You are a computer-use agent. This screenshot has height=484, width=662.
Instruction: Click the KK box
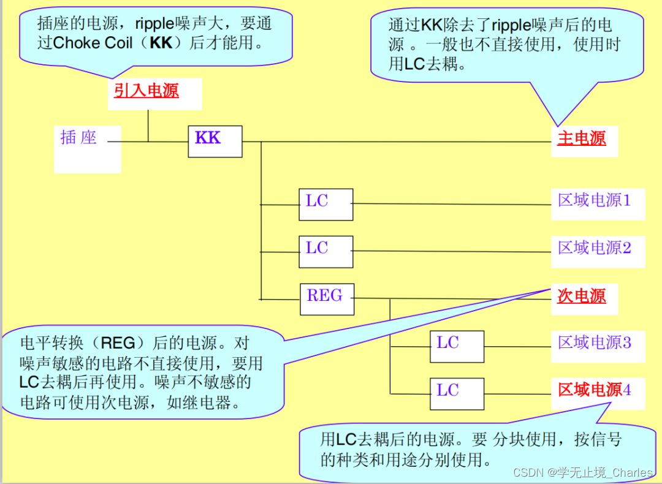click(215, 142)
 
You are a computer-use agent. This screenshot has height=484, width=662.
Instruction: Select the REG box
click(327, 298)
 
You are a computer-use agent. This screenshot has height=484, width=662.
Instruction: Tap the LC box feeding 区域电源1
click(325, 204)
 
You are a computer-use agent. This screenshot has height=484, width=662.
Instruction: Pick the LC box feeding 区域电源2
click(325, 251)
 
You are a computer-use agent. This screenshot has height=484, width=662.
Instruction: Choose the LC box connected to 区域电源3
click(456, 346)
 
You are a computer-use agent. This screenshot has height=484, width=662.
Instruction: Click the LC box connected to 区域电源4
click(456, 393)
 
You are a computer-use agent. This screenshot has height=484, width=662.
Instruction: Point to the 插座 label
click(78, 137)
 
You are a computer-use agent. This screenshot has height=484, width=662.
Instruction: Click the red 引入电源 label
click(146, 91)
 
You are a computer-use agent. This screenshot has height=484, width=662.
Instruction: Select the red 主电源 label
click(581, 138)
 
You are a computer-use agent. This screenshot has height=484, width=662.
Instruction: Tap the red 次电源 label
click(581, 297)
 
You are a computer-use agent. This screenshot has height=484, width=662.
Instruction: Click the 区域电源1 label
click(594, 200)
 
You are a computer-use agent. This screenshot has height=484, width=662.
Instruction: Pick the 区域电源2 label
click(594, 248)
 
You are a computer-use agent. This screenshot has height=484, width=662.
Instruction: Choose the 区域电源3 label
click(594, 342)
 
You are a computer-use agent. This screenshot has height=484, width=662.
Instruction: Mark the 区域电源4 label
click(594, 390)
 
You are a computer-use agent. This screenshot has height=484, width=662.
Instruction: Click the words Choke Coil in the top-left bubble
click(93, 43)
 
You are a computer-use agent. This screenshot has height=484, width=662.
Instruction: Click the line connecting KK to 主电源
click(398, 142)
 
